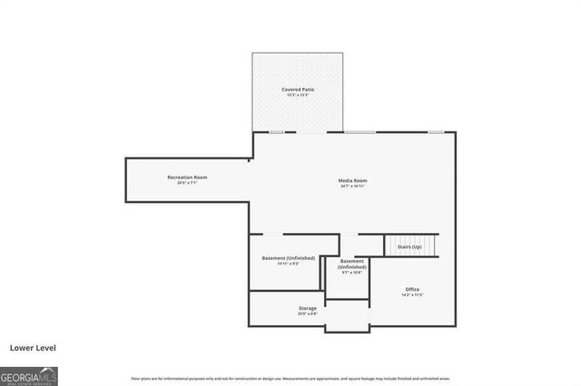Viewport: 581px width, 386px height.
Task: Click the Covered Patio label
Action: pos(297,90)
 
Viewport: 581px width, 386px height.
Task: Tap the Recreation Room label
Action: pos(187,177)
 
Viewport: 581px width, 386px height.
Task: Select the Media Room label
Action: pos(353,180)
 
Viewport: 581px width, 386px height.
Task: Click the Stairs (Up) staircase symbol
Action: pos(411,246)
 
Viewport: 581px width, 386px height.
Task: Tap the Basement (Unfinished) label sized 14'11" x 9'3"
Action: pos(288,258)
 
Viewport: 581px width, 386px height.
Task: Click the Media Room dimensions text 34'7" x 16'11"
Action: pos(353,187)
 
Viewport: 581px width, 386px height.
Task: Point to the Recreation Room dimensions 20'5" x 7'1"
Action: pos(187,183)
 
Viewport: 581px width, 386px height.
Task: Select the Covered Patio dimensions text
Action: pos(297,96)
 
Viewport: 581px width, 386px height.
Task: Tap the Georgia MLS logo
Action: pos(29,375)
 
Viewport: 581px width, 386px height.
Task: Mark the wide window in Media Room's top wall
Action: pos(359,132)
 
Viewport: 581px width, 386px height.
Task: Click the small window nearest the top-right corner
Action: pos(436,132)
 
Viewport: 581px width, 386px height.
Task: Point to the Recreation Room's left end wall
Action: pos(125,179)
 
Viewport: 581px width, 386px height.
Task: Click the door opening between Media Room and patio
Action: pos(313,132)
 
